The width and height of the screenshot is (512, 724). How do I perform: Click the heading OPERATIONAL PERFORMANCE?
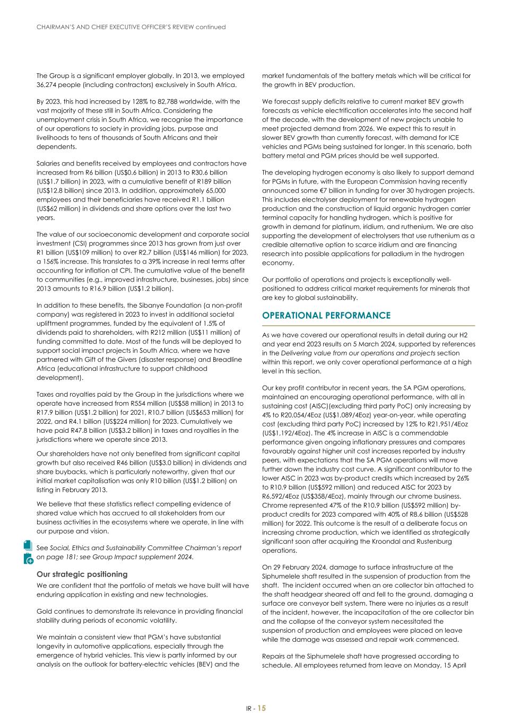[x=326, y=315]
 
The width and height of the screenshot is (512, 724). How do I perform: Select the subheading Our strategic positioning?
[x=82, y=574]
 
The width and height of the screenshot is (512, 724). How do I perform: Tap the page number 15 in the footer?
[x=262, y=708]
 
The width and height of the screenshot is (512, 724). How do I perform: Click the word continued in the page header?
[x=210, y=27]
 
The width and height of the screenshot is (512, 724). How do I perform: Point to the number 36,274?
[x=47, y=84]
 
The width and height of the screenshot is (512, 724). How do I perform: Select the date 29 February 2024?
[x=301, y=568]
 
